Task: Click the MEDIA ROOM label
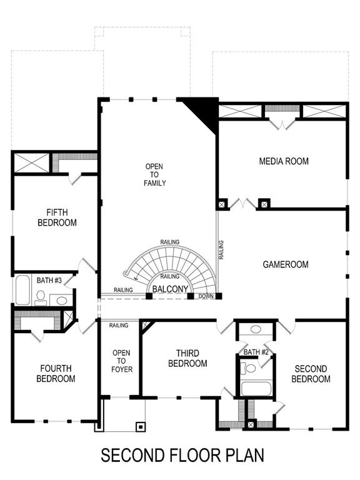click(284, 161)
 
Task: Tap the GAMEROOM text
click(285, 264)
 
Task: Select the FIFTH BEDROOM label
click(57, 217)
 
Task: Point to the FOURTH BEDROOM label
click(56, 373)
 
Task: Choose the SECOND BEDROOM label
click(311, 374)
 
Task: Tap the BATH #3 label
click(49, 281)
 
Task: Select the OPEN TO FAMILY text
click(155, 174)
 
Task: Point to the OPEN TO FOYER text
click(121, 361)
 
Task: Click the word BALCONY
click(170, 289)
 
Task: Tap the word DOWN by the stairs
click(206, 296)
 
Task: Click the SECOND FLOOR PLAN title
click(182, 455)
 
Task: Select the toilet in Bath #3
click(41, 296)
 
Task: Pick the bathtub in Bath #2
click(254, 389)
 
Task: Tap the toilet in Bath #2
click(251, 368)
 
